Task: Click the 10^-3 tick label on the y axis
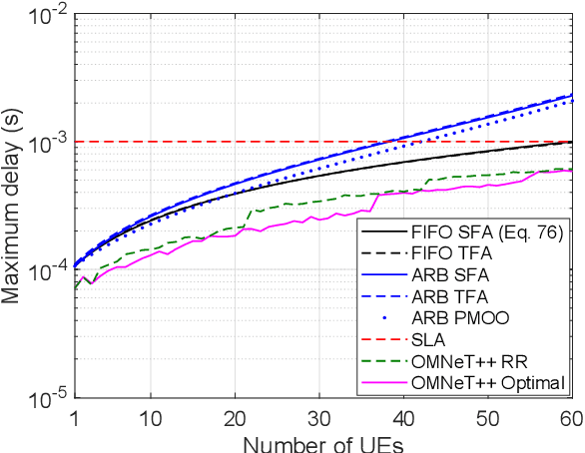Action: click(x=48, y=144)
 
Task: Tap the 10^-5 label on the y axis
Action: click(x=48, y=399)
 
